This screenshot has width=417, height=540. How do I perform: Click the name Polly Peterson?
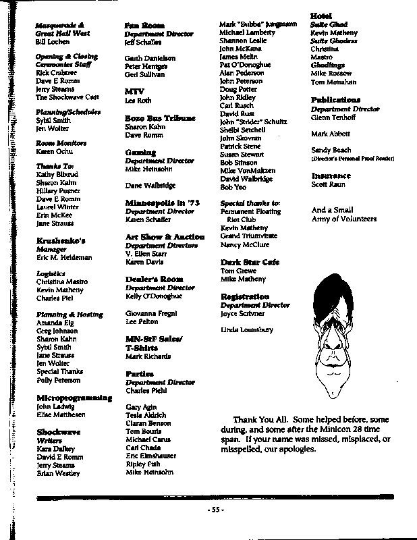59,381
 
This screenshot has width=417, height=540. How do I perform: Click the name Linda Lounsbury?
247,329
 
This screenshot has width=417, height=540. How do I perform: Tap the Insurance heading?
331,175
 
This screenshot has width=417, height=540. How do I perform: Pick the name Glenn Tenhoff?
333,117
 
